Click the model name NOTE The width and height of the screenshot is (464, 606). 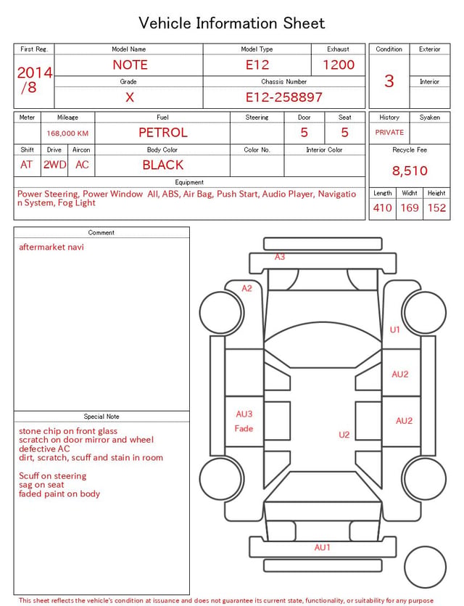coord(130,65)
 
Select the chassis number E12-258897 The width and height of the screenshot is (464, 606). coord(283,97)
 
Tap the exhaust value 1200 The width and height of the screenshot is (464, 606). coord(339,65)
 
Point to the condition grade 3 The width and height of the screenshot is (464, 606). coord(389,81)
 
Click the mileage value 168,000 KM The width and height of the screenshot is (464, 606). coord(67,134)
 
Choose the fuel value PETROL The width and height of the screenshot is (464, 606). coord(163,133)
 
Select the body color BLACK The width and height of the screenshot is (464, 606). coord(163,165)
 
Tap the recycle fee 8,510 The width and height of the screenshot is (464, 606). coord(410,171)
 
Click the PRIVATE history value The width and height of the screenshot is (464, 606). coord(389,132)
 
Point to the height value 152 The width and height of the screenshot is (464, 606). coord(436,208)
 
